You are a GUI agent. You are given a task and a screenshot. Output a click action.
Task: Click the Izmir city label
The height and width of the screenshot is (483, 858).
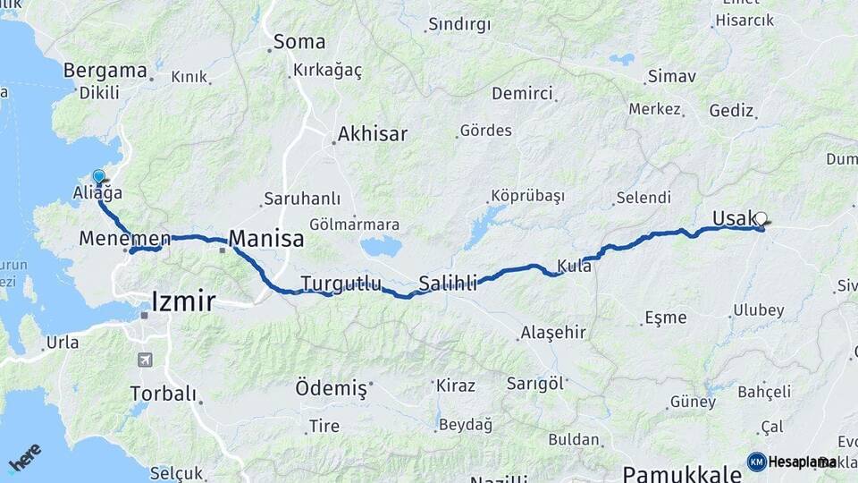pos(184,301)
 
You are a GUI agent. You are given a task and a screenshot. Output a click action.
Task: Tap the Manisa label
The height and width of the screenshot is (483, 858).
pos(266,239)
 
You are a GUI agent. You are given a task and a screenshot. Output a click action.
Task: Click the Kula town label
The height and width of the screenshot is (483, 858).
pos(574,266)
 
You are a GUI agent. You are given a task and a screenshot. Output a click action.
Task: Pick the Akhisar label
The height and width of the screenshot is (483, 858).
pos(372,135)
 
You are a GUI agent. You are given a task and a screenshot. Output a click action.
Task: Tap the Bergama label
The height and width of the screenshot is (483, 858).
pos(105,71)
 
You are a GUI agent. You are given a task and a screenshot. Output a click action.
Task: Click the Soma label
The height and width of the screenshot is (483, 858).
pos(299,41)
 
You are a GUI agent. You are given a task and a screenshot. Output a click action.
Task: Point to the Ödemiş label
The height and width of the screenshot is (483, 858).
pos(332,389)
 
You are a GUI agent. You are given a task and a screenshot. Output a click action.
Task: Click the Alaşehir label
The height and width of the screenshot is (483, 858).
pos(552,333)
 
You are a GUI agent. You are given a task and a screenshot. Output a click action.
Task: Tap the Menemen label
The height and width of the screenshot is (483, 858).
pos(124,239)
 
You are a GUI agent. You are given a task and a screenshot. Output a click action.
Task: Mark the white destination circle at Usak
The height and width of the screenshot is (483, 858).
pos(761,217)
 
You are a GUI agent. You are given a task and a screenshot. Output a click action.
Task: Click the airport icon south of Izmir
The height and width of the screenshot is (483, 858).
pos(145,360)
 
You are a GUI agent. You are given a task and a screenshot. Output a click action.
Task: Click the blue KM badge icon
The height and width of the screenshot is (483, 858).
pos(756,462)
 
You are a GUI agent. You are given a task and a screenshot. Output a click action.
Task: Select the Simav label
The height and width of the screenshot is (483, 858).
pos(672,76)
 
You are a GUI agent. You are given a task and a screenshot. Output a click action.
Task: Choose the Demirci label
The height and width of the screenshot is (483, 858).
pos(523,93)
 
